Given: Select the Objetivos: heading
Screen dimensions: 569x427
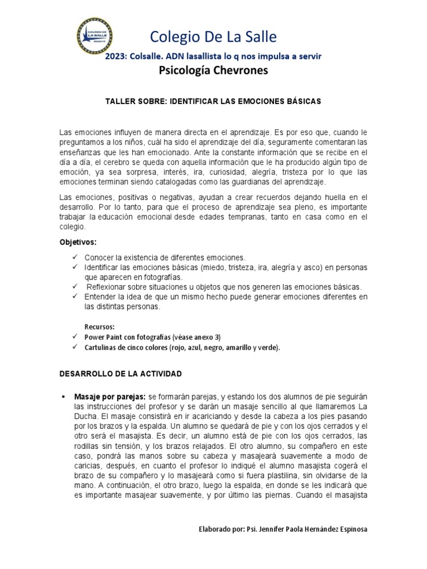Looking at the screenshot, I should pyautogui.click(x=78, y=243).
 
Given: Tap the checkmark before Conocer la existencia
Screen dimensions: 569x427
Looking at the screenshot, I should pyautogui.click(x=75, y=258).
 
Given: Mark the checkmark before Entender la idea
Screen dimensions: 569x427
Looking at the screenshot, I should pyautogui.click(x=75, y=297).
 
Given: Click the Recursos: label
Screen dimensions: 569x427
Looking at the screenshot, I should pyautogui.click(x=100, y=327).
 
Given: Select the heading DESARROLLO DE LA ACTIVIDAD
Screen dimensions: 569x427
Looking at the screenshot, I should pyautogui.click(x=121, y=374).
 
